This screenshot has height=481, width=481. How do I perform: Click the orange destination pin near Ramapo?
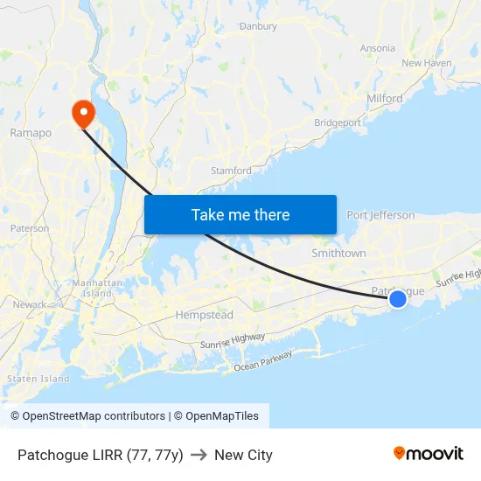click(84, 113)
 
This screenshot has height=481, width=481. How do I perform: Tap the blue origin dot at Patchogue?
click(398, 299)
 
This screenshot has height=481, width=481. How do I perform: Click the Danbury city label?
click(258, 26)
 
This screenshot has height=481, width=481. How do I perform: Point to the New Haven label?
click(426, 63)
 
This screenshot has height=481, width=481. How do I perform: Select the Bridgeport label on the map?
click(338, 123)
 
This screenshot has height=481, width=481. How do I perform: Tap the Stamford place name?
click(231, 171)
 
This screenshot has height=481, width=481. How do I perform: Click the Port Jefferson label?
click(380, 215)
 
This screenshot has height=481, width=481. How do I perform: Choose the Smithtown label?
click(338, 253)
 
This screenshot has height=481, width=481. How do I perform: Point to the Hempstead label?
click(204, 314)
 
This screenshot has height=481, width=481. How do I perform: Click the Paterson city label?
click(30, 228)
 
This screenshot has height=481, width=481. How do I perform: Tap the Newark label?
click(30, 304)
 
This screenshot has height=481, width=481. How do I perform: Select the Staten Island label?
click(38, 379)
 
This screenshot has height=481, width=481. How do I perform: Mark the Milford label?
click(385, 99)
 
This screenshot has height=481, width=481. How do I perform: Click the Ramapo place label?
click(31, 133)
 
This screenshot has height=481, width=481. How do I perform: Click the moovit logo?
click(429, 454)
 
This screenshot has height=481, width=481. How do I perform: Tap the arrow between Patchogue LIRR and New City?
click(199, 455)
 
